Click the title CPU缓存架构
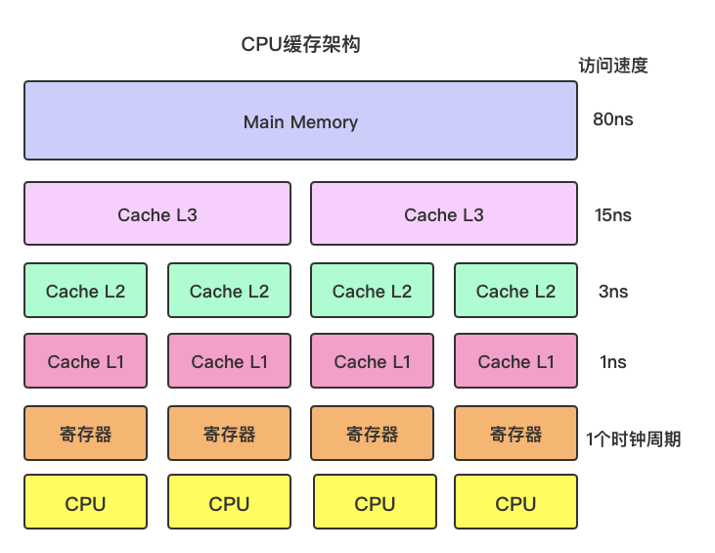coord(300,45)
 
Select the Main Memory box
coord(300,121)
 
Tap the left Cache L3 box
coord(157,214)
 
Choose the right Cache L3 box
coord(443,214)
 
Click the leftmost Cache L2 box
coord(85,291)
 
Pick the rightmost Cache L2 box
coord(515,291)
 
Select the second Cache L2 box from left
coord(229,291)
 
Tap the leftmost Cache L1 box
coord(85,362)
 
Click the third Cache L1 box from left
coord(372,362)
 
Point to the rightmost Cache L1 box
coord(515,362)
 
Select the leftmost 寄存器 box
coord(85,434)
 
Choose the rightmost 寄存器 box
coord(515,434)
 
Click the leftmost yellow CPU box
coord(85,503)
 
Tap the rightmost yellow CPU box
coord(515,503)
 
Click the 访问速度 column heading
coord(613,67)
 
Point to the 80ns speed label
coord(613,119)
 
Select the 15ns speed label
coord(613,215)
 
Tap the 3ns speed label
coord(613,292)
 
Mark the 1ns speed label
coord(613,362)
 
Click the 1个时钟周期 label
coord(633,439)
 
